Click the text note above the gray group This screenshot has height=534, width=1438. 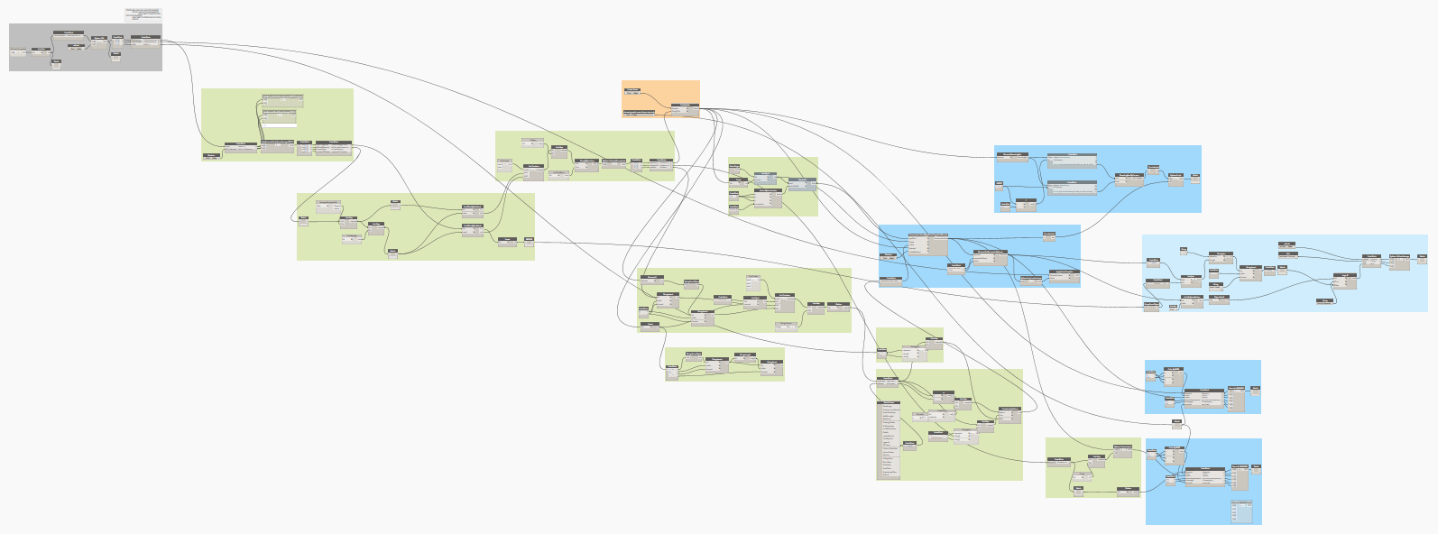(x=144, y=14)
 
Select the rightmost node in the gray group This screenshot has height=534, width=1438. (x=145, y=41)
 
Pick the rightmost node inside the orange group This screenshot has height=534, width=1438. (x=685, y=109)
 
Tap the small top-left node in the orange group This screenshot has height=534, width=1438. (x=632, y=91)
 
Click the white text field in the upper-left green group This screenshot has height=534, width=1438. (x=279, y=125)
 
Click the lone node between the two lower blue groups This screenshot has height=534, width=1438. (x=1176, y=421)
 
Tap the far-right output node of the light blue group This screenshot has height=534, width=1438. (x=1422, y=257)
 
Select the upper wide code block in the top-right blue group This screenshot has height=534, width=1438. (x=1072, y=161)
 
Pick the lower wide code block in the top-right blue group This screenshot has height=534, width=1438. (x=1072, y=187)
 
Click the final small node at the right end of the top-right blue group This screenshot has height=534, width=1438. (x=1194, y=177)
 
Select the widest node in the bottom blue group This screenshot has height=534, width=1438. (x=1203, y=476)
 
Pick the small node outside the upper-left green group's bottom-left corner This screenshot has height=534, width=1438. (x=210, y=156)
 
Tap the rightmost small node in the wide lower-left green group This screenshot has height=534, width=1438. (x=529, y=240)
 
